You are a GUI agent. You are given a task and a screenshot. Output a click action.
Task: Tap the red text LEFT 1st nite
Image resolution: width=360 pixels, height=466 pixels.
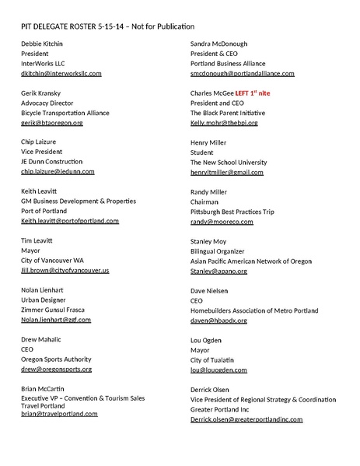pos(263,93)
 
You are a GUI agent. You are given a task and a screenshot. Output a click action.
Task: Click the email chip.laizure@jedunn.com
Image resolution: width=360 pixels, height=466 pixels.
pos(58,171)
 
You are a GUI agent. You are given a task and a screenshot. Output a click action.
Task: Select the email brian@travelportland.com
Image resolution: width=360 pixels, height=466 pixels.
pos(59,414)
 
